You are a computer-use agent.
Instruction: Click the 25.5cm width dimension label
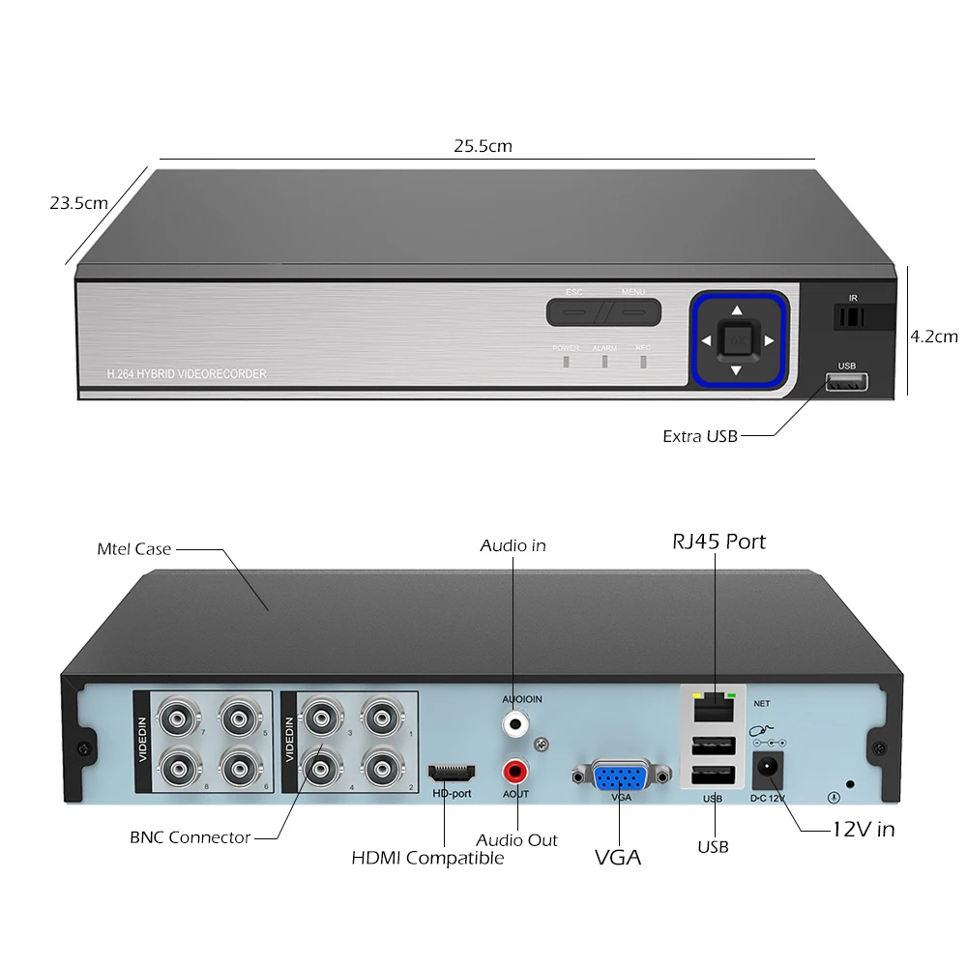pyautogui.click(x=483, y=146)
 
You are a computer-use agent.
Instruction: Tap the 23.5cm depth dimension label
pyautogui.click(x=79, y=203)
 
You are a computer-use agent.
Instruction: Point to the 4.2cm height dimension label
pyautogui.click(x=933, y=337)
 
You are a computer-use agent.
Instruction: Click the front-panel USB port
pyautogui.click(x=846, y=383)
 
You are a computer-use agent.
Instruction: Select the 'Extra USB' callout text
pyautogui.click(x=700, y=436)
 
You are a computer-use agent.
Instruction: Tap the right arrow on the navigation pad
pyautogui.click(x=770, y=340)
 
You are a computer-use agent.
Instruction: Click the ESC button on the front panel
pyautogui.click(x=574, y=311)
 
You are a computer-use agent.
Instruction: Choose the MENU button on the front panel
pyautogui.click(x=633, y=311)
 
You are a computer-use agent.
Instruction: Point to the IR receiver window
pyautogui.click(x=852, y=317)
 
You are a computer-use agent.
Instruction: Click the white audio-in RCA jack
pyautogui.click(x=515, y=722)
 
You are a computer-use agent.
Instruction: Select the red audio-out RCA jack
pyautogui.click(x=515, y=772)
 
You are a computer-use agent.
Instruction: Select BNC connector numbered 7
pyautogui.click(x=179, y=718)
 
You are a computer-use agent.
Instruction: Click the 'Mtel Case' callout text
pyautogui.click(x=134, y=548)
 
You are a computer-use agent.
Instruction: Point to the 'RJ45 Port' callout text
pyautogui.click(x=718, y=542)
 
